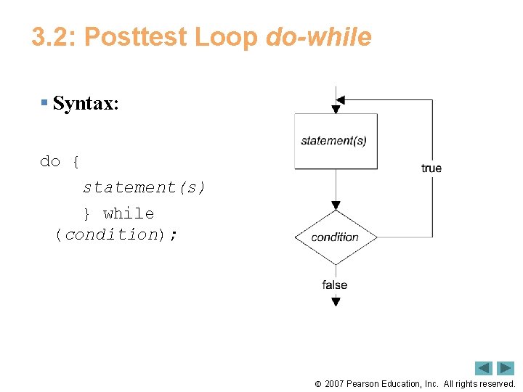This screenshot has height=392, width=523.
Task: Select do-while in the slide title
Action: click(x=319, y=37)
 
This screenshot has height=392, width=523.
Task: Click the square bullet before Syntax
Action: click(x=44, y=103)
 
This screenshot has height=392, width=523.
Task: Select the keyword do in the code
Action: click(x=50, y=161)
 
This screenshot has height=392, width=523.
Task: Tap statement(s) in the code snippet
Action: click(x=144, y=187)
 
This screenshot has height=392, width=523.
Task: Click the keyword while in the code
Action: click(x=129, y=213)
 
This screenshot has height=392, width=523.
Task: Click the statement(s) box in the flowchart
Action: click(x=336, y=141)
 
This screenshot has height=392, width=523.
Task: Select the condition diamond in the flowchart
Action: click(x=336, y=237)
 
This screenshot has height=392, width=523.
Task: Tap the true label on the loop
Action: click(x=431, y=168)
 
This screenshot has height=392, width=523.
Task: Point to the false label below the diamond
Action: click(x=335, y=285)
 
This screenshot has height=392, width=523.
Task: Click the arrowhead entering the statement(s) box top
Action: click(x=336, y=109)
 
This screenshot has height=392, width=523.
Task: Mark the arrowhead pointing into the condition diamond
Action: click(x=336, y=205)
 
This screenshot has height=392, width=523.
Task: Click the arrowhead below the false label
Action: click(x=336, y=302)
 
